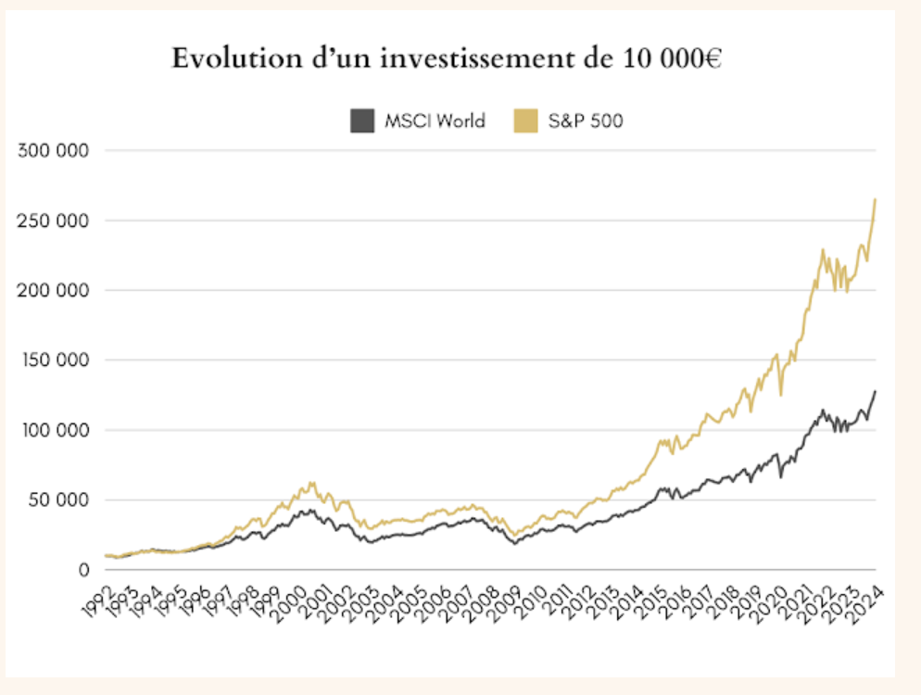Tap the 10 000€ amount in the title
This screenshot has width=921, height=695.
[669, 59]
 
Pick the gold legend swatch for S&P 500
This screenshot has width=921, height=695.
[525, 120]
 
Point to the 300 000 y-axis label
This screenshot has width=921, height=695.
[53, 150]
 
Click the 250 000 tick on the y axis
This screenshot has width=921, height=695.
[53, 221]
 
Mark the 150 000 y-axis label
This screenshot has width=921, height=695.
[53, 360]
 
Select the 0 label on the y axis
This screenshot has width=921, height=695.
[83, 570]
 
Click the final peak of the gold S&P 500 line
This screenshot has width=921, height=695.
[875, 199]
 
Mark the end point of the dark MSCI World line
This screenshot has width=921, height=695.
[875, 391]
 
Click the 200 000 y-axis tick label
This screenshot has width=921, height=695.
[53, 290]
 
